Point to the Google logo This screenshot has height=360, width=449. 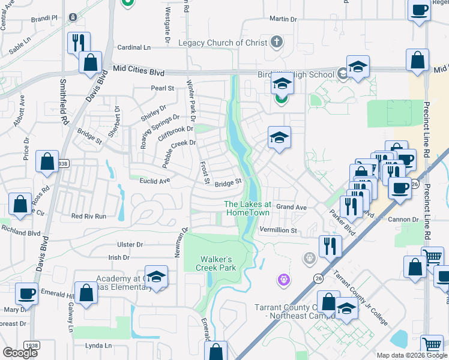20,353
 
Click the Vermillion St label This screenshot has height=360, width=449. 278,230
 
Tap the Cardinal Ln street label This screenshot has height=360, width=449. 134,47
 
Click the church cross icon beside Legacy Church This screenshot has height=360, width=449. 276,41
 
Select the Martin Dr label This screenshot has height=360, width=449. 283,19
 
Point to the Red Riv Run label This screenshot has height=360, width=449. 88,216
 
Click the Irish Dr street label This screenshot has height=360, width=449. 118,257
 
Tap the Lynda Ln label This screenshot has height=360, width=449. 98,346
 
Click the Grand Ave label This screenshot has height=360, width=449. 292,207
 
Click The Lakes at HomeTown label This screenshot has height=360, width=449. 247,208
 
